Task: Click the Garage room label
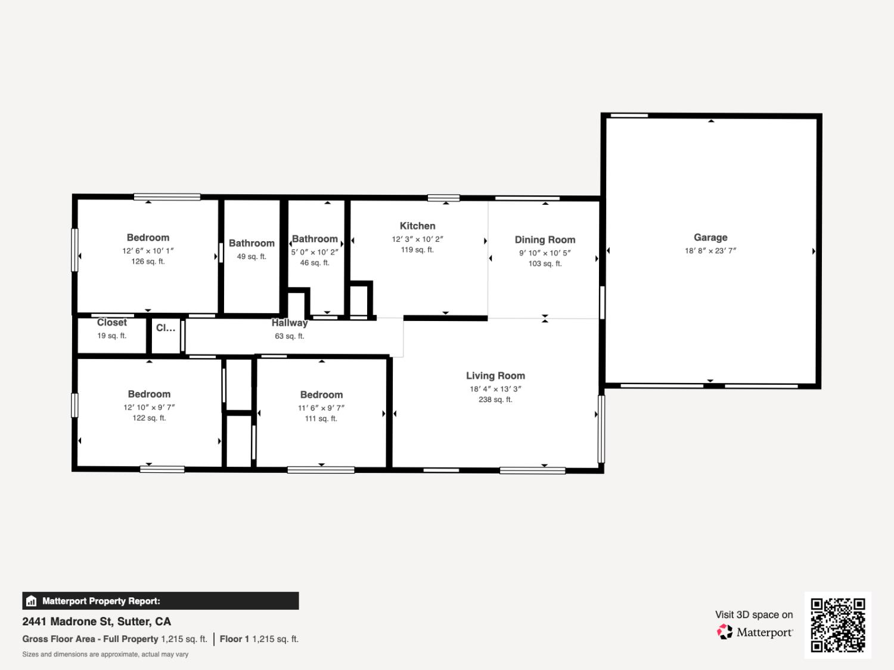tap(710, 237)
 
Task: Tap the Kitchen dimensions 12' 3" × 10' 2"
tap(417, 239)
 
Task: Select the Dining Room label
tap(545, 239)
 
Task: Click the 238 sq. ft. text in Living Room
tap(495, 400)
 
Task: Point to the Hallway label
tap(290, 323)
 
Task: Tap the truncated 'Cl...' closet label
tap(166, 328)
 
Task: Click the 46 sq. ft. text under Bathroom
tap(315, 263)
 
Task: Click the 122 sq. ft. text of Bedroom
tap(149, 418)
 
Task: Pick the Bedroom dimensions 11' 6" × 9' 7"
tap(321, 408)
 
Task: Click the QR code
tap(837, 625)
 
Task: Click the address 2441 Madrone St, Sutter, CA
tap(97, 621)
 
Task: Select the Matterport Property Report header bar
tap(161, 601)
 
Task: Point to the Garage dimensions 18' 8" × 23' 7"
tap(710, 251)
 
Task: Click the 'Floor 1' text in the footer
tap(234, 639)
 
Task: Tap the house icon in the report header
tap(32, 601)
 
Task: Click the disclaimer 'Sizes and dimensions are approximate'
tap(105, 654)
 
